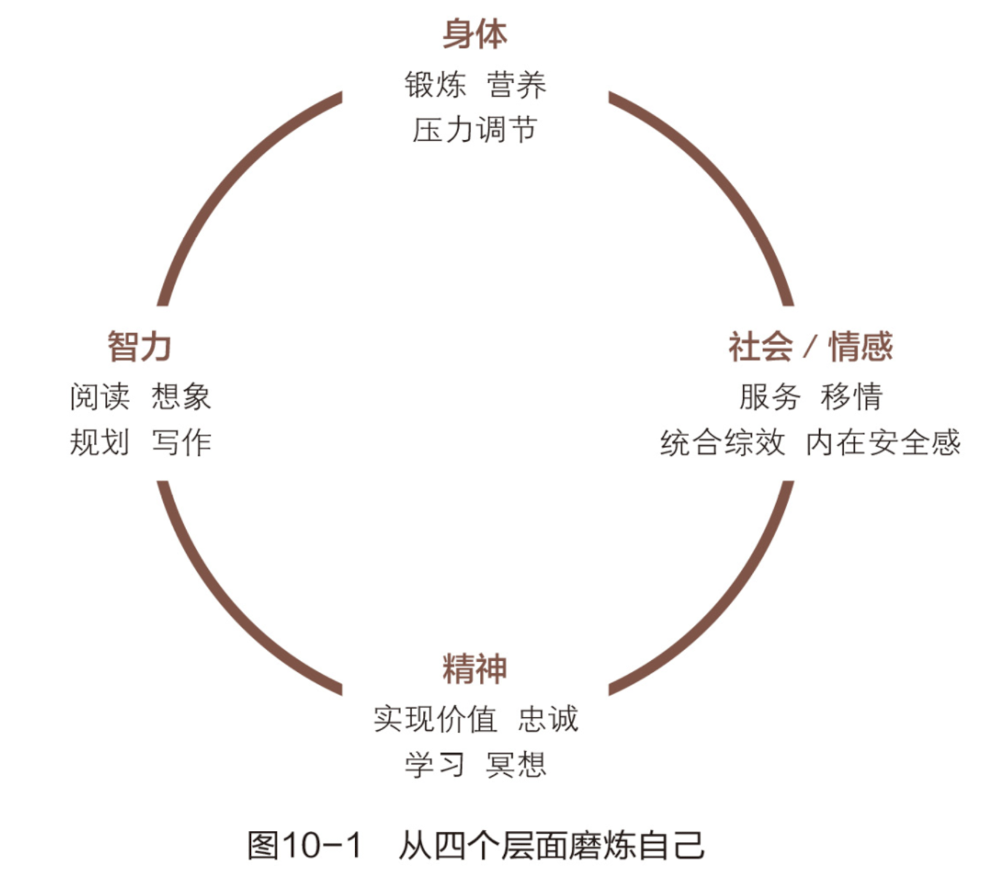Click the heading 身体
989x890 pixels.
475,34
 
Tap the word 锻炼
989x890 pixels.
435,85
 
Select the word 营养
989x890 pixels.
516,85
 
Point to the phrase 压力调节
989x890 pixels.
475,131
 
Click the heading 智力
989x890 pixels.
139,347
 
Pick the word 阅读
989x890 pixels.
100,396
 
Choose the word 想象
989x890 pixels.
182,396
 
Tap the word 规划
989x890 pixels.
100,442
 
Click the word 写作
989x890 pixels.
182,442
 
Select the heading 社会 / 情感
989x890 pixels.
810,347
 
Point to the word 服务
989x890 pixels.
769,396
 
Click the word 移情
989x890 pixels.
851,396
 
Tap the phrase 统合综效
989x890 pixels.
722,443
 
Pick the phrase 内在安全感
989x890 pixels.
883,443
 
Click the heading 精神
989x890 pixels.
475,669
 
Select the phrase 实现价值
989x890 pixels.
435,719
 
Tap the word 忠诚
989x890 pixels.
548,719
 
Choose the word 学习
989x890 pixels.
435,765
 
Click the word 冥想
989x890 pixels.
516,765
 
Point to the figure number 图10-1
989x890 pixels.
305,845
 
